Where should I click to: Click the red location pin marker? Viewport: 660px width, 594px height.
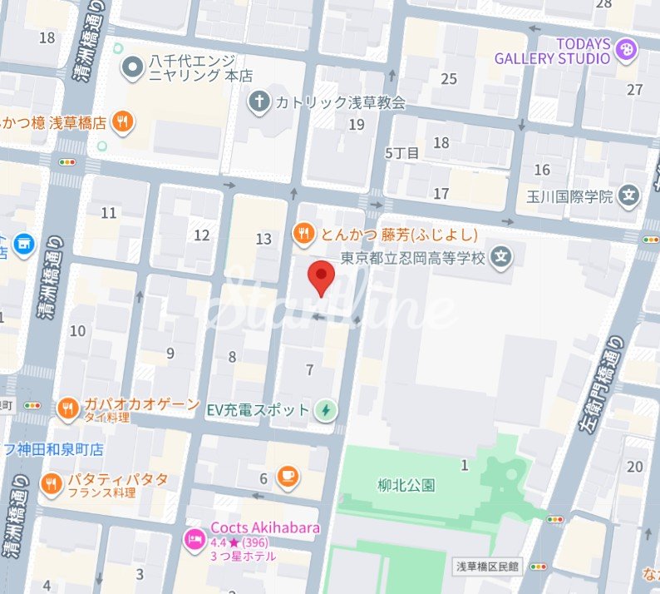[x=321, y=277]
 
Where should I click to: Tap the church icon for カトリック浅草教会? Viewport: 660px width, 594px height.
[x=259, y=102]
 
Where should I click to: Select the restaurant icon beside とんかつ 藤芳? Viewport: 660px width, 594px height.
[x=304, y=233]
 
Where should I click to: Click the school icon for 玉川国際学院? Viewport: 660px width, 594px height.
[x=631, y=197]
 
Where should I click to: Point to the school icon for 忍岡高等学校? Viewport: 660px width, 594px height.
[x=500, y=257]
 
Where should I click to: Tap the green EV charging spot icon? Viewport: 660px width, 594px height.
[x=327, y=410]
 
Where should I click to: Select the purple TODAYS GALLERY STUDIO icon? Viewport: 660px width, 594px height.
[x=625, y=52]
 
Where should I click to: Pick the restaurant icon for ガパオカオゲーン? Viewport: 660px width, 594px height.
[x=68, y=408]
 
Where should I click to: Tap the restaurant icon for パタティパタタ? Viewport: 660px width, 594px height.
[x=52, y=483]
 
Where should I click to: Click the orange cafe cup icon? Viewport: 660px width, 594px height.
[x=288, y=477]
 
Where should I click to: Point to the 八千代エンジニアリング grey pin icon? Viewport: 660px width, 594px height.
[x=131, y=67]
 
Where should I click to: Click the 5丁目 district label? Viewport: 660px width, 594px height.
[x=402, y=153]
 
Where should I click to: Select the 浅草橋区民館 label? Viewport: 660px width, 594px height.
[x=488, y=567]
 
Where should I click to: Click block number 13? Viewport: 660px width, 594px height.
[x=264, y=240]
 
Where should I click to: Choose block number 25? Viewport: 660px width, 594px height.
[x=449, y=79]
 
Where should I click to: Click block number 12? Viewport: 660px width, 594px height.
[x=201, y=235]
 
